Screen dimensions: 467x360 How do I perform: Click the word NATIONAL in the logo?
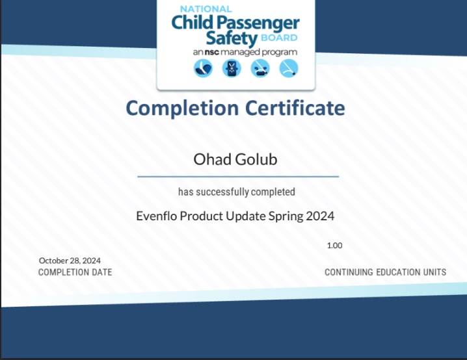click(x=206, y=9)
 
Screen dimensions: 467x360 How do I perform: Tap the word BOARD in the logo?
click(x=279, y=38)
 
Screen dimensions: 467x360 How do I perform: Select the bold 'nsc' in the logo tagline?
click(x=212, y=53)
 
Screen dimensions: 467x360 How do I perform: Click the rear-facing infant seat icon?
click(x=203, y=68)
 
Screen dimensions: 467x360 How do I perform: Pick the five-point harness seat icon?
click(x=232, y=68)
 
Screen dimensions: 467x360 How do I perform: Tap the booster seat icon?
click(x=260, y=68)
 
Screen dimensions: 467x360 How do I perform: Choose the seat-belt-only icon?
click(x=289, y=68)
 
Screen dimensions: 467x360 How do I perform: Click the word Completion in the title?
click(x=182, y=109)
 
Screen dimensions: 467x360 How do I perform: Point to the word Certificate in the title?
click(x=295, y=108)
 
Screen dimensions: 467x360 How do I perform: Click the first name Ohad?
click(x=212, y=159)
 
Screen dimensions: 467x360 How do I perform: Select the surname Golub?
click(x=257, y=159)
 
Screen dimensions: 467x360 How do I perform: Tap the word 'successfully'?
click(x=222, y=192)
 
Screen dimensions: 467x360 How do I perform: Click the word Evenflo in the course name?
click(x=157, y=216)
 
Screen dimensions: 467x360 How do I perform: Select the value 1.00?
click(x=334, y=246)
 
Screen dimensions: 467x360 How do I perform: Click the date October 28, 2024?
click(x=70, y=261)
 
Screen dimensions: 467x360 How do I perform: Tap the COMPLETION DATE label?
click(x=75, y=272)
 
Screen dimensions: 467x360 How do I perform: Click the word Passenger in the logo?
click(x=258, y=23)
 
